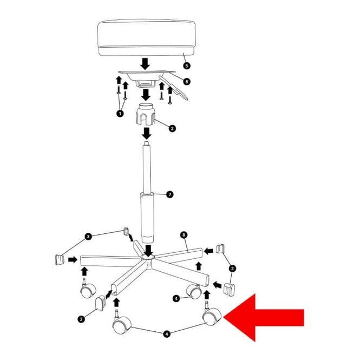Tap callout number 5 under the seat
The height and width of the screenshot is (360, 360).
187,66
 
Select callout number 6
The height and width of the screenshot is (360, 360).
187,82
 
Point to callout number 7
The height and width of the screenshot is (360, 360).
169,195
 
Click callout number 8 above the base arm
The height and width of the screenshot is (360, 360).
184,235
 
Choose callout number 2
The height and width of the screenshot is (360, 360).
172,128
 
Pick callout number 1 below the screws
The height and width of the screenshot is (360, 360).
120,114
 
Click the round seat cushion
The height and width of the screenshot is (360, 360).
147,38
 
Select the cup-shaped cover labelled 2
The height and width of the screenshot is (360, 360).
146,115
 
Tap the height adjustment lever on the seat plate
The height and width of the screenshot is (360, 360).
174,88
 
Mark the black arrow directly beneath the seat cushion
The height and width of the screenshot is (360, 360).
145,64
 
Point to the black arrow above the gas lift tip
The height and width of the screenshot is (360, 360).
147,133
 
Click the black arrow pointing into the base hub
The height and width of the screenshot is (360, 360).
149,251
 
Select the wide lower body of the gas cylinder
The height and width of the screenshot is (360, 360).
147,218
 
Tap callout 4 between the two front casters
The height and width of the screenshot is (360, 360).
167,334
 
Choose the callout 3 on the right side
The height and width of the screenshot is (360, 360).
232,268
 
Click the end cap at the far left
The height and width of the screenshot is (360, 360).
60,260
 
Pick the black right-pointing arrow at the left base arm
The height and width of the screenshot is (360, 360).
73,260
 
